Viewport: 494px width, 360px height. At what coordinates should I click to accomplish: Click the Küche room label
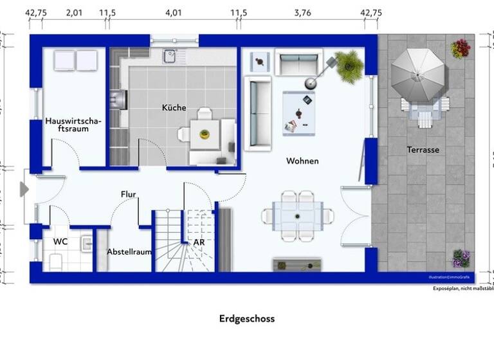pyautogui.click(x=174, y=108)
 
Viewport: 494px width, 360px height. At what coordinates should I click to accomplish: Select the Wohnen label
pyautogui.click(x=302, y=161)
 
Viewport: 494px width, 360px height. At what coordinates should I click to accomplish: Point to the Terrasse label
pyautogui.click(x=423, y=150)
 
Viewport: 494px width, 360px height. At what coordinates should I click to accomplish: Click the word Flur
pyautogui.click(x=129, y=194)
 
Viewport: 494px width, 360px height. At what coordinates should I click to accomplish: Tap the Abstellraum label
pyautogui.click(x=129, y=251)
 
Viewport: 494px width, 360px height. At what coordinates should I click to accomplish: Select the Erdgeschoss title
pyautogui.click(x=247, y=318)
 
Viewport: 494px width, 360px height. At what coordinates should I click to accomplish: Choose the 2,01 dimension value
pyautogui.click(x=75, y=12)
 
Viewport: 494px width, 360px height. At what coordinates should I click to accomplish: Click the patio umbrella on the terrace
pyautogui.click(x=417, y=75)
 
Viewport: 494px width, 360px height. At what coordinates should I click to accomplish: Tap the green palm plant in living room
pyautogui.click(x=349, y=65)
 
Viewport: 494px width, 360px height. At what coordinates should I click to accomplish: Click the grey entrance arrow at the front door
pyautogui.click(x=24, y=189)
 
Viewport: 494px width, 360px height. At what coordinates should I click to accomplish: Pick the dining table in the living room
pyautogui.click(x=297, y=216)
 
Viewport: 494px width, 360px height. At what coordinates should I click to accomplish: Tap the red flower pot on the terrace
pyautogui.click(x=461, y=49)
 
